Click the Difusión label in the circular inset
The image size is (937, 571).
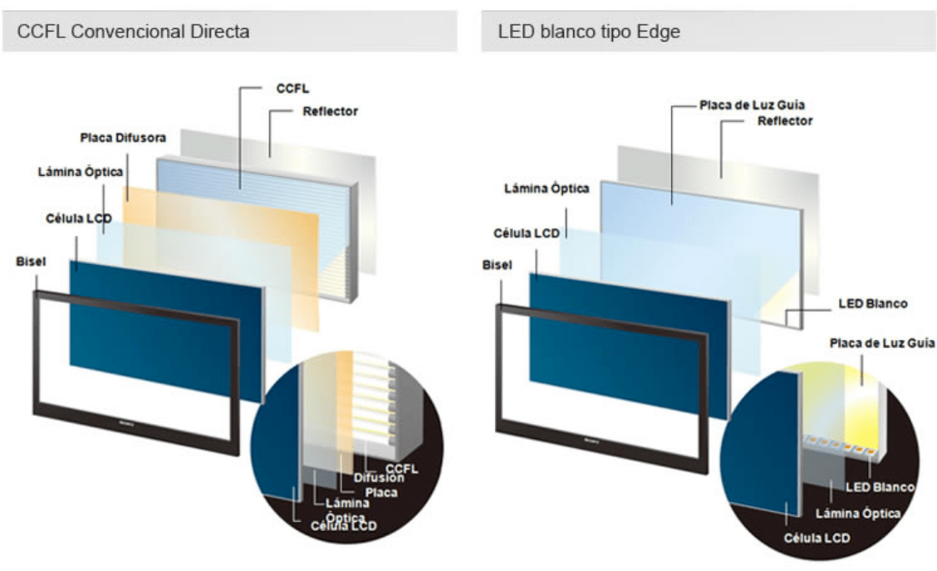click(379, 477)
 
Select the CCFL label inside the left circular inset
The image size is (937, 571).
click(401, 469)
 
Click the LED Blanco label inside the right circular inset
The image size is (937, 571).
click(880, 486)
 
